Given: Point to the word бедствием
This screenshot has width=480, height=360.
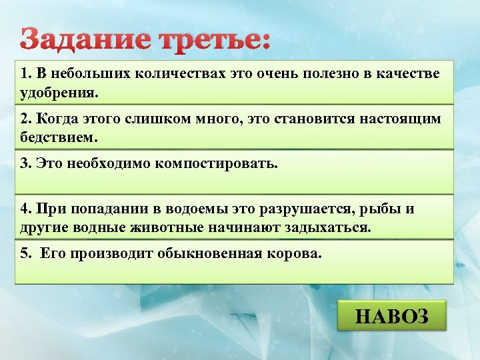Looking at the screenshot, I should (59, 137).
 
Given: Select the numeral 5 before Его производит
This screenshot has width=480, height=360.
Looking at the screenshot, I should (24, 254).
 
